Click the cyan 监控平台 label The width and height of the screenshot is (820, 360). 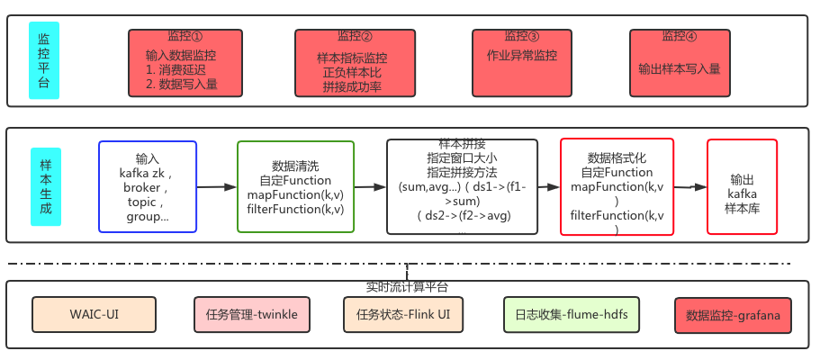43,60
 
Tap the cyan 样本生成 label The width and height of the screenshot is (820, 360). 45,187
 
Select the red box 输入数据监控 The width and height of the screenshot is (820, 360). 185,63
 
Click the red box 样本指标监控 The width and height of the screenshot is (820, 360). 352,63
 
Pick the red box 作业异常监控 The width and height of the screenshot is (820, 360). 521,63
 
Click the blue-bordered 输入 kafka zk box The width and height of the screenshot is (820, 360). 147,187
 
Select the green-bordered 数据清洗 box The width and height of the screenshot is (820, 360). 295,187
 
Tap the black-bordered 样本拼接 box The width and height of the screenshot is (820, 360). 462,187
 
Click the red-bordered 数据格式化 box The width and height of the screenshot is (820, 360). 617,187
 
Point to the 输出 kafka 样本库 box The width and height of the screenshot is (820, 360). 743,187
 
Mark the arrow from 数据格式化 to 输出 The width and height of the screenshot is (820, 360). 690,187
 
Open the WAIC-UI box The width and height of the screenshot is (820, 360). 95,315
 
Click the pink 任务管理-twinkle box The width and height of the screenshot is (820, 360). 251,315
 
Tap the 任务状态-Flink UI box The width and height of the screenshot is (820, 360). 403,315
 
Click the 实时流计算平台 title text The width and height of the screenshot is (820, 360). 407,288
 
